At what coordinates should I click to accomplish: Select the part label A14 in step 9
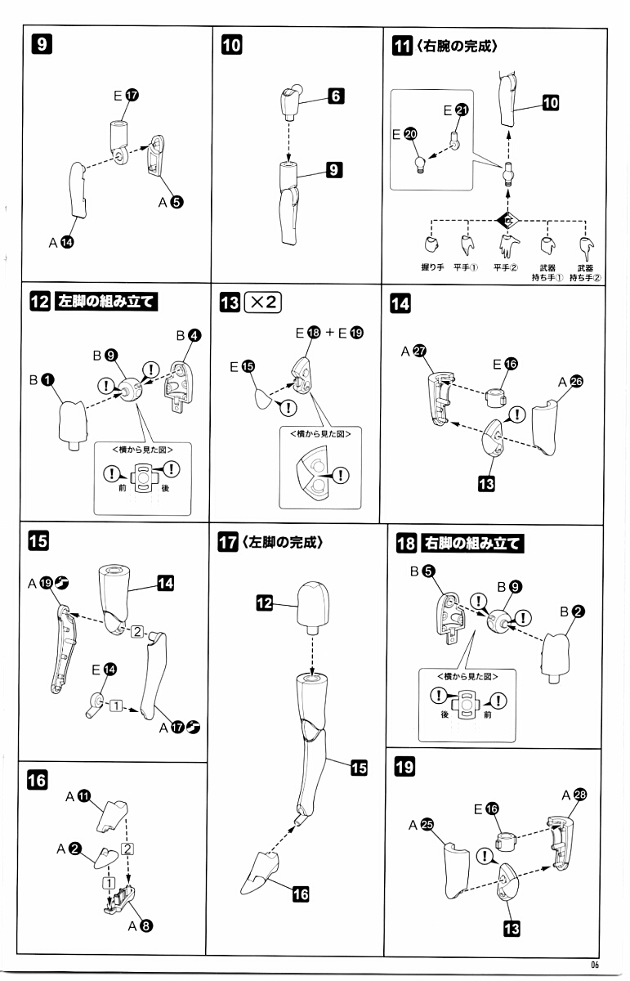(x=60, y=242)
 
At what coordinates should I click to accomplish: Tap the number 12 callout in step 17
(x=265, y=603)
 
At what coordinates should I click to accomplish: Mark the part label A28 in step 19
(x=575, y=795)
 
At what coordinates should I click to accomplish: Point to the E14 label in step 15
(x=104, y=669)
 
